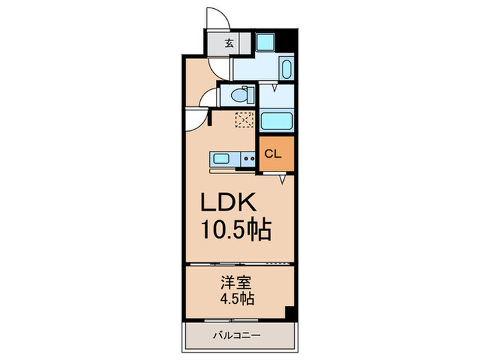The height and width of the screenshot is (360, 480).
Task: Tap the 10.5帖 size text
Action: [236, 228]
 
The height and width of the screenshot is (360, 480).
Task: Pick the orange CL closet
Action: [277, 154]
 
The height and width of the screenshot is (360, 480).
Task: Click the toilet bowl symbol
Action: [241, 94]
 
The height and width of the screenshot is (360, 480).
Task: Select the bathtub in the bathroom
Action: [278, 121]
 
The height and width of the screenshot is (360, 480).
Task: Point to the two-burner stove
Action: [248, 159]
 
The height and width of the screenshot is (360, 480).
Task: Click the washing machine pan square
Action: [265, 41]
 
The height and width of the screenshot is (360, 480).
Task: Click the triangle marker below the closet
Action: [283, 180]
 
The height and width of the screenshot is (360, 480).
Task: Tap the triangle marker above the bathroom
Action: [275, 88]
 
